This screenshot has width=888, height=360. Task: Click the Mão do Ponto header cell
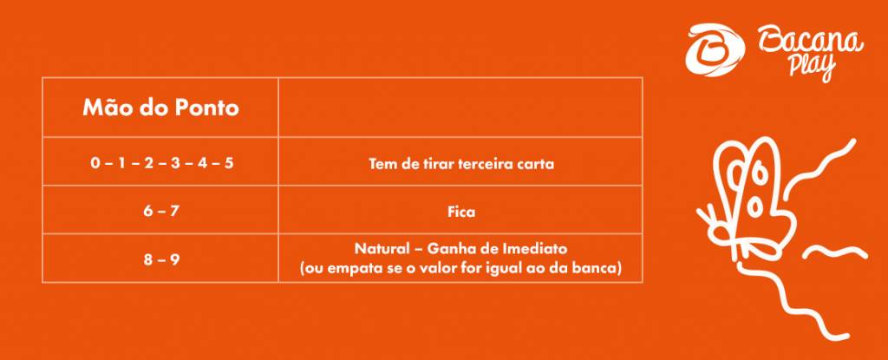coord(160,108)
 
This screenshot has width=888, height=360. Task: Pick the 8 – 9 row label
coord(160,260)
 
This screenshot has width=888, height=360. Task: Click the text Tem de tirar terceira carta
coord(461,164)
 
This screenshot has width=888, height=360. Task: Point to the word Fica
coord(461,213)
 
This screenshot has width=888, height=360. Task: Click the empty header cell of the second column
coord(460,108)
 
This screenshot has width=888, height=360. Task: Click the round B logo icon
coord(715,49)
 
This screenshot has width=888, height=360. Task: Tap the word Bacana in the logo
coord(811,43)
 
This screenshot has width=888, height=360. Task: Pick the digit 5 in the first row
coord(229,164)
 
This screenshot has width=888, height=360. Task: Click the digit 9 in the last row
coord(175,261)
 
